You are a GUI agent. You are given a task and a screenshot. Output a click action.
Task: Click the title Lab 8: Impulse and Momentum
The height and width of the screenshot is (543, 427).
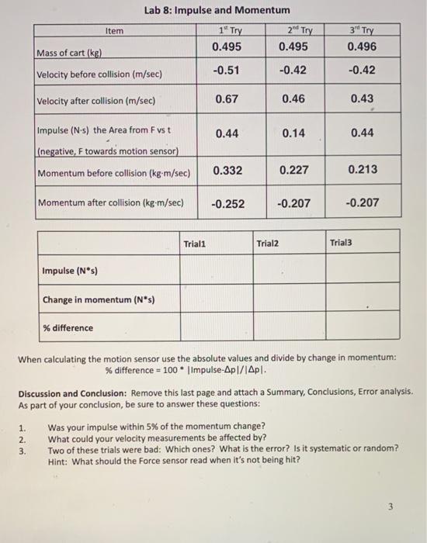(217, 10)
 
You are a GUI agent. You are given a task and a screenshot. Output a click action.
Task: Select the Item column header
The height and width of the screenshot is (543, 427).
(113, 31)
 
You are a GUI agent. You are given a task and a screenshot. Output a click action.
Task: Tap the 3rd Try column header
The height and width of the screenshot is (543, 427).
(362, 31)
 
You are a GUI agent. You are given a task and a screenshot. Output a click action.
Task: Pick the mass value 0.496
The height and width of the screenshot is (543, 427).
(362, 47)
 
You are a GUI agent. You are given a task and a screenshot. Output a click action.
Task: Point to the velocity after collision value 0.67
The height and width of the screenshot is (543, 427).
(227, 99)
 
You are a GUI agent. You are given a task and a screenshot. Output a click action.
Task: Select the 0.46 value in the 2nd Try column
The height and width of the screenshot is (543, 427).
(293, 99)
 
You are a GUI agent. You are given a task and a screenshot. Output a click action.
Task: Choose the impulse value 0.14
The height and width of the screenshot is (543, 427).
(293, 133)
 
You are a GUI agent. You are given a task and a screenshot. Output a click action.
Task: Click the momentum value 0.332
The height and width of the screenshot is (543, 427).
(227, 170)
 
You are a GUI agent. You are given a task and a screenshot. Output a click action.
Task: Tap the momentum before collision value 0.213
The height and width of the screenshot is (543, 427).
(362, 170)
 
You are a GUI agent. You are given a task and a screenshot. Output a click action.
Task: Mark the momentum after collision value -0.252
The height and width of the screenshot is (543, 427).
(227, 203)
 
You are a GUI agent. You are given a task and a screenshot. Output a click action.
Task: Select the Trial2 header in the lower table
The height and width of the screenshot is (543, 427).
(266, 243)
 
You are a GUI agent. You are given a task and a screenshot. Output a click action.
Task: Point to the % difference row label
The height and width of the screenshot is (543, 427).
(68, 328)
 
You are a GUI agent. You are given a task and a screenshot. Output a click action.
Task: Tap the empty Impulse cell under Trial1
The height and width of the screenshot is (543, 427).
(216, 270)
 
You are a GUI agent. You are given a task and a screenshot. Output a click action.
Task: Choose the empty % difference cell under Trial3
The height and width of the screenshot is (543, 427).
(362, 327)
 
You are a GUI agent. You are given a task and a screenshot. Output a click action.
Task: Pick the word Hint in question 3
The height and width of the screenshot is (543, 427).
(59, 459)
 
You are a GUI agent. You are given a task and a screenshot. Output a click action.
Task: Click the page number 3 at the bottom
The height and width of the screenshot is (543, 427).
(392, 507)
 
